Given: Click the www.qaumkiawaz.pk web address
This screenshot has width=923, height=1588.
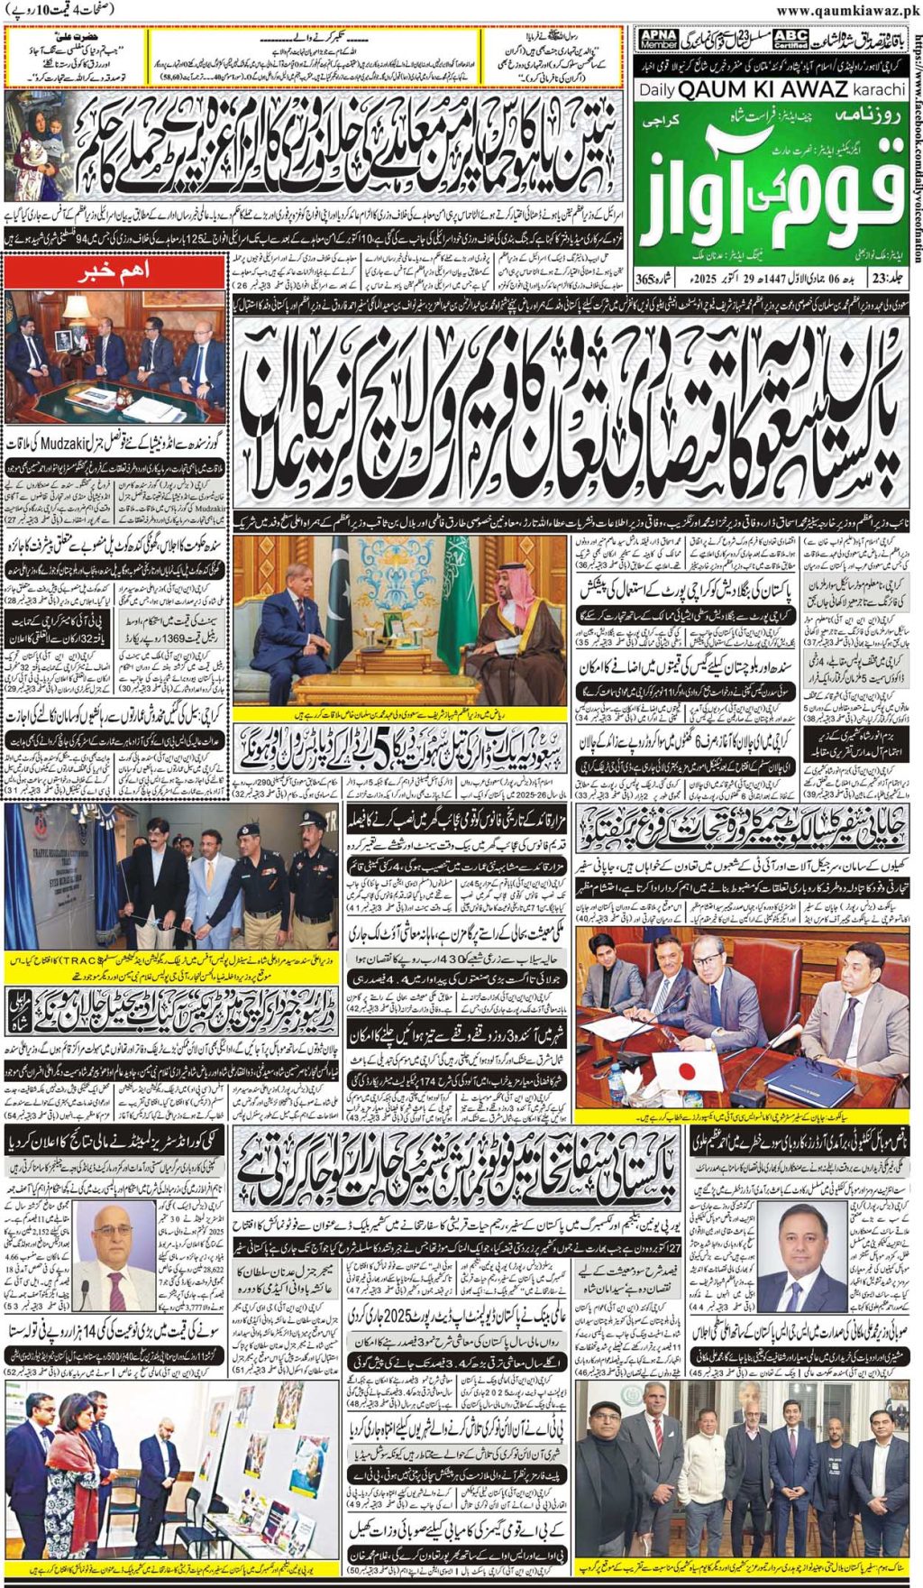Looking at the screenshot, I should (846, 11).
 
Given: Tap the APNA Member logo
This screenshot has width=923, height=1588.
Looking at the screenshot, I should (657, 38).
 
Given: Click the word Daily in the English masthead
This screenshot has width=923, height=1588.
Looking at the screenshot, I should (657, 90).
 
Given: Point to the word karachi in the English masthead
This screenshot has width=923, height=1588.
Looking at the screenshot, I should (878, 90).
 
